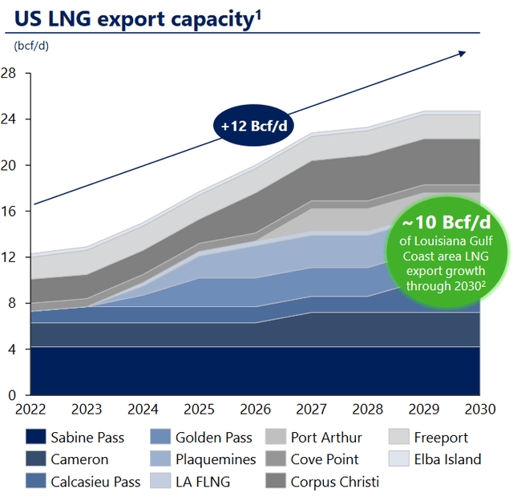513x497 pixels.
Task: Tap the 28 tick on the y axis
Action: [x=9, y=73]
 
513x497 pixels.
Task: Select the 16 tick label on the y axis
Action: [x=9, y=212]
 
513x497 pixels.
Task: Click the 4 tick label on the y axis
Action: [x=12, y=350]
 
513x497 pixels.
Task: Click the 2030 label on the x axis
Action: [x=480, y=410]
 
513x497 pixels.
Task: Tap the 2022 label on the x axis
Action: [x=29, y=410]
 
